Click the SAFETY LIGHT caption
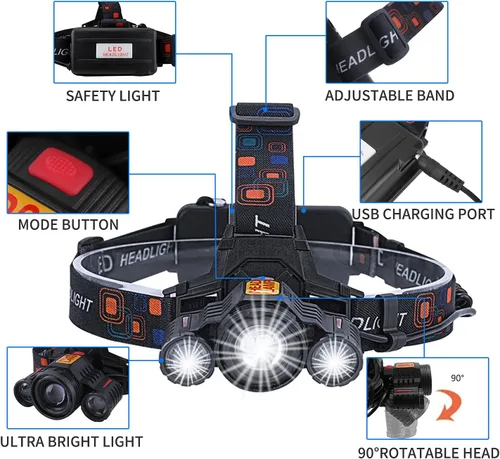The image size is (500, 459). click(113, 96)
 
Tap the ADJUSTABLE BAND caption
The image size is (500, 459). click(389, 96)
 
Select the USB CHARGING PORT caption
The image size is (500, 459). click(423, 214)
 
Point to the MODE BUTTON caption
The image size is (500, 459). click(68, 225)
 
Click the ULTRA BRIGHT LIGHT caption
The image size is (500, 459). click(71, 442)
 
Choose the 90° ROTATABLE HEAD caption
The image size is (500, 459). click(429, 453)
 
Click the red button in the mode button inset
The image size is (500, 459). click(60, 169)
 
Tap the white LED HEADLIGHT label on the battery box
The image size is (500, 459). click(114, 51)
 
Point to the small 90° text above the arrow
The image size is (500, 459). click(457, 378)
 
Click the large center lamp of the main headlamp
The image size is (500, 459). click(258, 347)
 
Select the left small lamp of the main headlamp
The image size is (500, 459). click(186, 361)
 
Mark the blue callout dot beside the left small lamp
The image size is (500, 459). click(162, 360)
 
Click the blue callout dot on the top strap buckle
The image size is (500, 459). click(265, 109)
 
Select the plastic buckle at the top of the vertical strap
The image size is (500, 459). click(264, 113)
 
